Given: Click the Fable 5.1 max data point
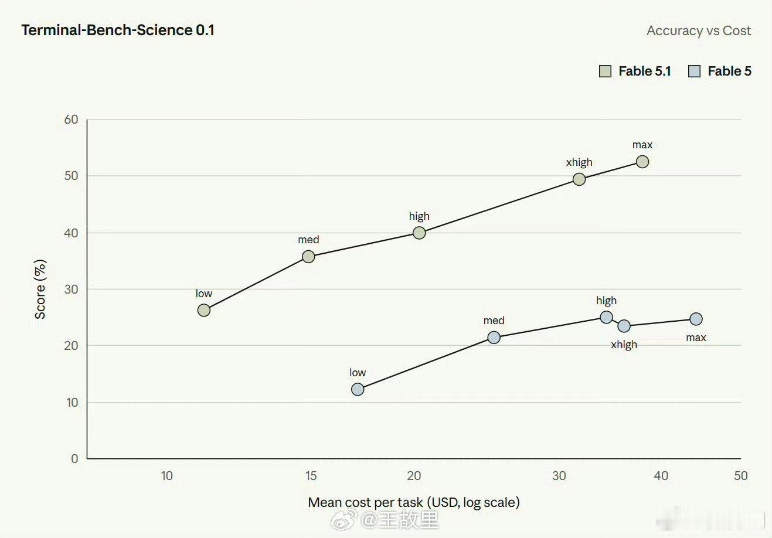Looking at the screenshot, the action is click(x=642, y=162).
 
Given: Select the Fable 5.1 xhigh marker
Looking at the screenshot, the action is click(x=579, y=179).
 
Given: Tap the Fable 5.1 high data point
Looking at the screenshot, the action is click(x=419, y=233).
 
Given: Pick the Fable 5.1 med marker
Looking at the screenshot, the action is click(x=308, y=257).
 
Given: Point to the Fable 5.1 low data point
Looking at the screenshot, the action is click(x=203, y=310).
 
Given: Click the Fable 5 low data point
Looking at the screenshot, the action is click(x=358, y=390).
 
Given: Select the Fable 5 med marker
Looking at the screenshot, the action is click(x=494, y=338).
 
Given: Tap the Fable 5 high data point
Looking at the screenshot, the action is click(x=606, y=317).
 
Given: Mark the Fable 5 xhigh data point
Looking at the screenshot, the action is click(x=624, y=326).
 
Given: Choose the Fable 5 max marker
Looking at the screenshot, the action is click(x=696, y=319).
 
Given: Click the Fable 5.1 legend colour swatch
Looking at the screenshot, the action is click(x=605, y=71).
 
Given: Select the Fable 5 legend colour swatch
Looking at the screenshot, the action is click(x=694, y=71).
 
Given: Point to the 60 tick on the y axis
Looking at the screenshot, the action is click(x=72, y=120).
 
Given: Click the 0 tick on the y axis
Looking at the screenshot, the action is click(x=74, y=459).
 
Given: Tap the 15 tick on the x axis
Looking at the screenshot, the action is click(x=311, y=476).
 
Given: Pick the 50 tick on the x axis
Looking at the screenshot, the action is click(x=740, y=476).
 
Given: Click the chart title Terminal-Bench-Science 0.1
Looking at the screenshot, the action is click(x=118, y=30).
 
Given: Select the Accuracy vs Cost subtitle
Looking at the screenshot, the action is click(x=699, y=30).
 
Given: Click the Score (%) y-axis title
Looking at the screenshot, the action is click(x=40, y=289).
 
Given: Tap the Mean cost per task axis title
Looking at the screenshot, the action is click(x=414, y=502).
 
